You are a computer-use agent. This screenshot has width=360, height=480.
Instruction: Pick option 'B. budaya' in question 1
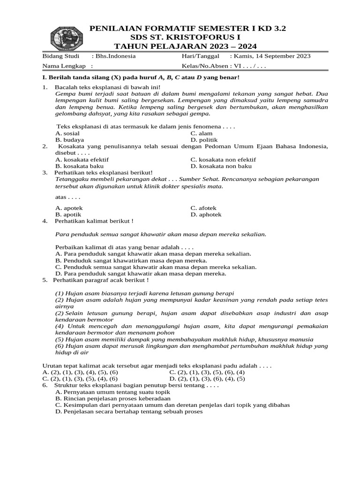(70, 140)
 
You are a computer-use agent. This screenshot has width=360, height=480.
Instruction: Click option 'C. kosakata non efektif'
(223, 159)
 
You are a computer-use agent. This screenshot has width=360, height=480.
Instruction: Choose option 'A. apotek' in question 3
(69, 208)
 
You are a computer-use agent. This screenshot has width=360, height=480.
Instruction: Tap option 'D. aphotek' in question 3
(206, 215)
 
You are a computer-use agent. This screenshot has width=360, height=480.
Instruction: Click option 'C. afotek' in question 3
(204, 208)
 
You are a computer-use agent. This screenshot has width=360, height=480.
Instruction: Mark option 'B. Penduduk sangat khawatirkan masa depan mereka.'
(131, 260)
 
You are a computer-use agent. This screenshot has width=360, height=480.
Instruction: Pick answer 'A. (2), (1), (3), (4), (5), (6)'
(80, 372)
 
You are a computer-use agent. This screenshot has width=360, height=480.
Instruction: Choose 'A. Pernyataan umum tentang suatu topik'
(112, 391)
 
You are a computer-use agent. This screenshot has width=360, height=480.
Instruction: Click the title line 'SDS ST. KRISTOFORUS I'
(187, 37)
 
